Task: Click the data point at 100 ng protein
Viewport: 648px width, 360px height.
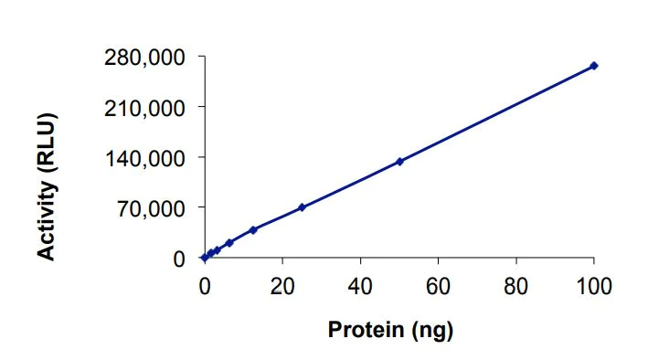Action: coord(594,66)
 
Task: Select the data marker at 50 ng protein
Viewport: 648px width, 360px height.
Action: coord(399,162)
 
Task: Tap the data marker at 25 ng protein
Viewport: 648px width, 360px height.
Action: coord(302,207)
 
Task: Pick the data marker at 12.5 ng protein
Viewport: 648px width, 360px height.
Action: coord(253,229)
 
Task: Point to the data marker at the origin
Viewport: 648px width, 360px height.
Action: coord(204,259)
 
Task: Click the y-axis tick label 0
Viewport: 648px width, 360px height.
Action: coord(180,259)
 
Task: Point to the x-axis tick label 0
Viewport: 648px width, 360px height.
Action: coord(204,285)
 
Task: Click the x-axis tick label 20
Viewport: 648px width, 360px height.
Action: coord(282,285)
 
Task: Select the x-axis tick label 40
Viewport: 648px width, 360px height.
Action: coord(360,285)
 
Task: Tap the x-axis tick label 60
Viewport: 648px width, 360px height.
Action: coord(439,285)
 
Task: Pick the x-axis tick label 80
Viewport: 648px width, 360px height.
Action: coord(516,285)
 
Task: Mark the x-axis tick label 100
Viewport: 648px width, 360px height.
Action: coord(594,285)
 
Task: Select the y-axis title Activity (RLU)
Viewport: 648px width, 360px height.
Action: coord(47,186)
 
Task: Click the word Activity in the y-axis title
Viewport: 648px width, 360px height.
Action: coord(47,217)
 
